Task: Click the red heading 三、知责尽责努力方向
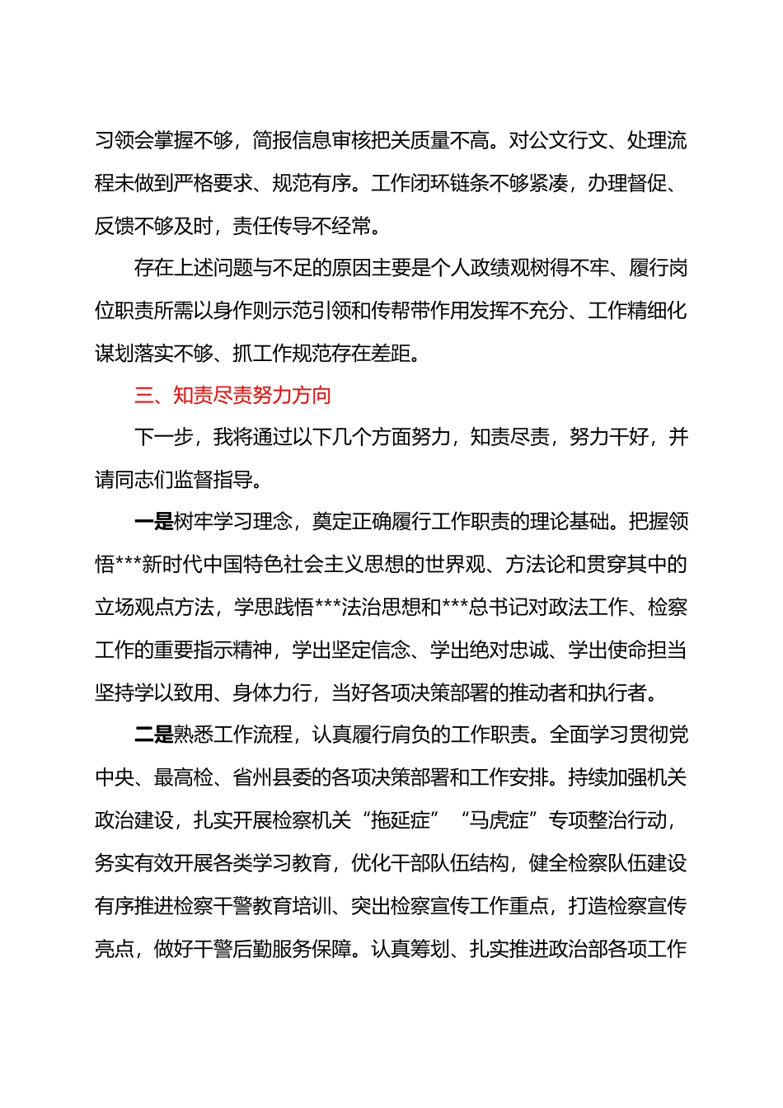click(x=232, y=396)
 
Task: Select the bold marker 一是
click(x=153, y=522)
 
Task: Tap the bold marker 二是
click(x=153, y=735)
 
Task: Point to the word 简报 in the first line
click(x=272, y=140)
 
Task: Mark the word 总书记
click(x=498, y=608)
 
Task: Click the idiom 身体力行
click(x=272, y=692)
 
